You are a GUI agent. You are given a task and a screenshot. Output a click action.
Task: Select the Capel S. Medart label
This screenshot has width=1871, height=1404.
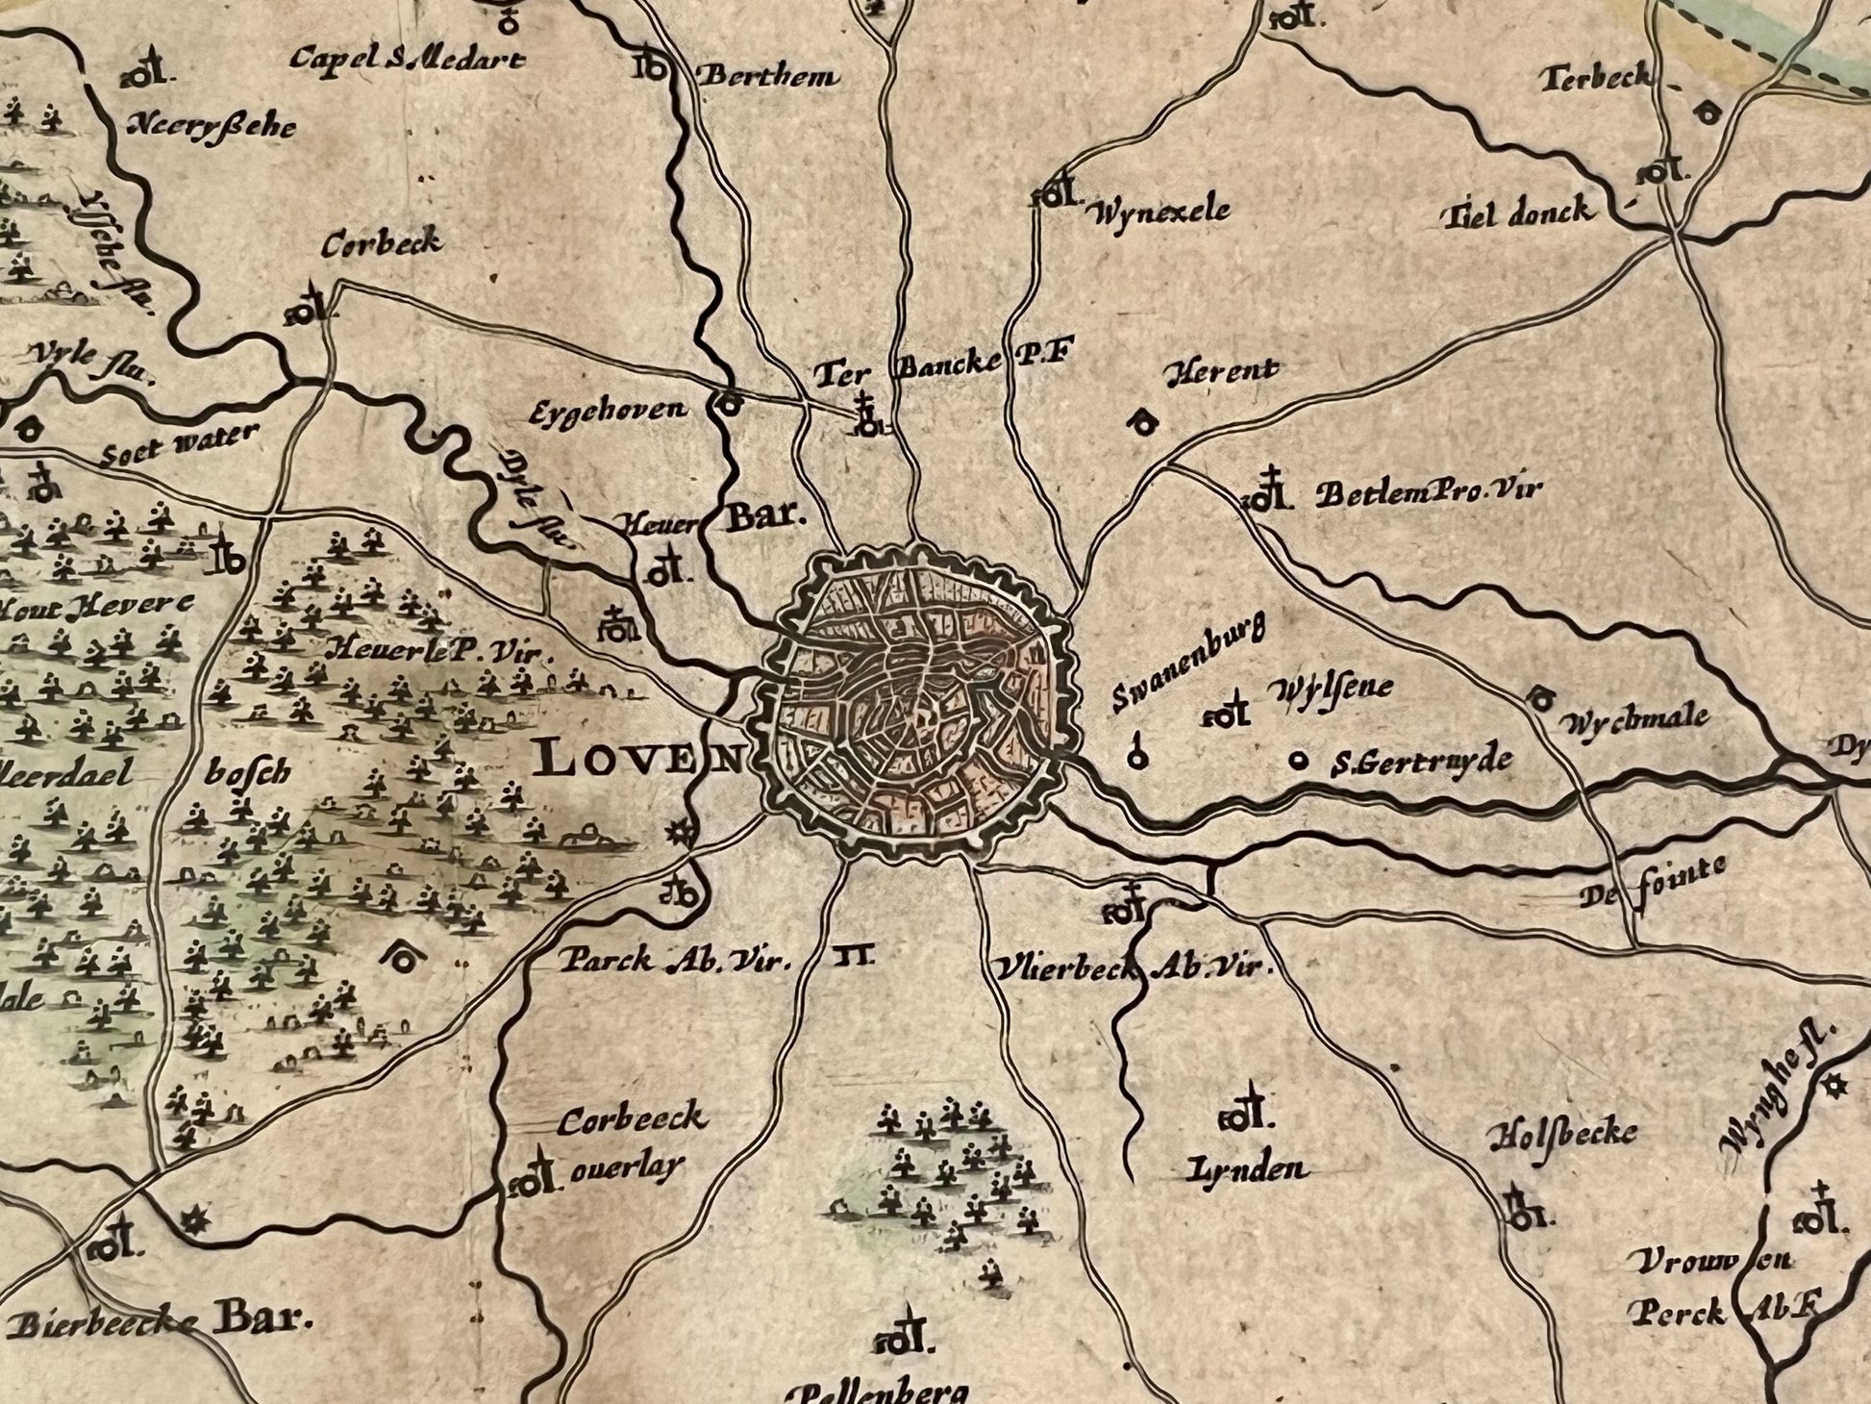pyautogui.click(x=408, y=60)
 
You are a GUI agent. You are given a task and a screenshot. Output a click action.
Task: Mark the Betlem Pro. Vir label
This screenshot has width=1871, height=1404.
pyautogui.click(x=1429, y=493)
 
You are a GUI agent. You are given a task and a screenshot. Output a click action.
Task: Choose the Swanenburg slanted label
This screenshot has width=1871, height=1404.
pyautogui.click(x=1188, y=664)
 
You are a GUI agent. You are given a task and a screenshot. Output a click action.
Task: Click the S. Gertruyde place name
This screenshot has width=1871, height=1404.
pyautogui.click(x=1421, y=763)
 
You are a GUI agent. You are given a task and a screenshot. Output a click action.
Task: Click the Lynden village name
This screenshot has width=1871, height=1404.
pyautogui.click(x=1247, y=1168)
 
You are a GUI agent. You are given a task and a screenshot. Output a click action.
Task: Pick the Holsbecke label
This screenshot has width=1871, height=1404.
pyautogui.click(x=1561, y=1135)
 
